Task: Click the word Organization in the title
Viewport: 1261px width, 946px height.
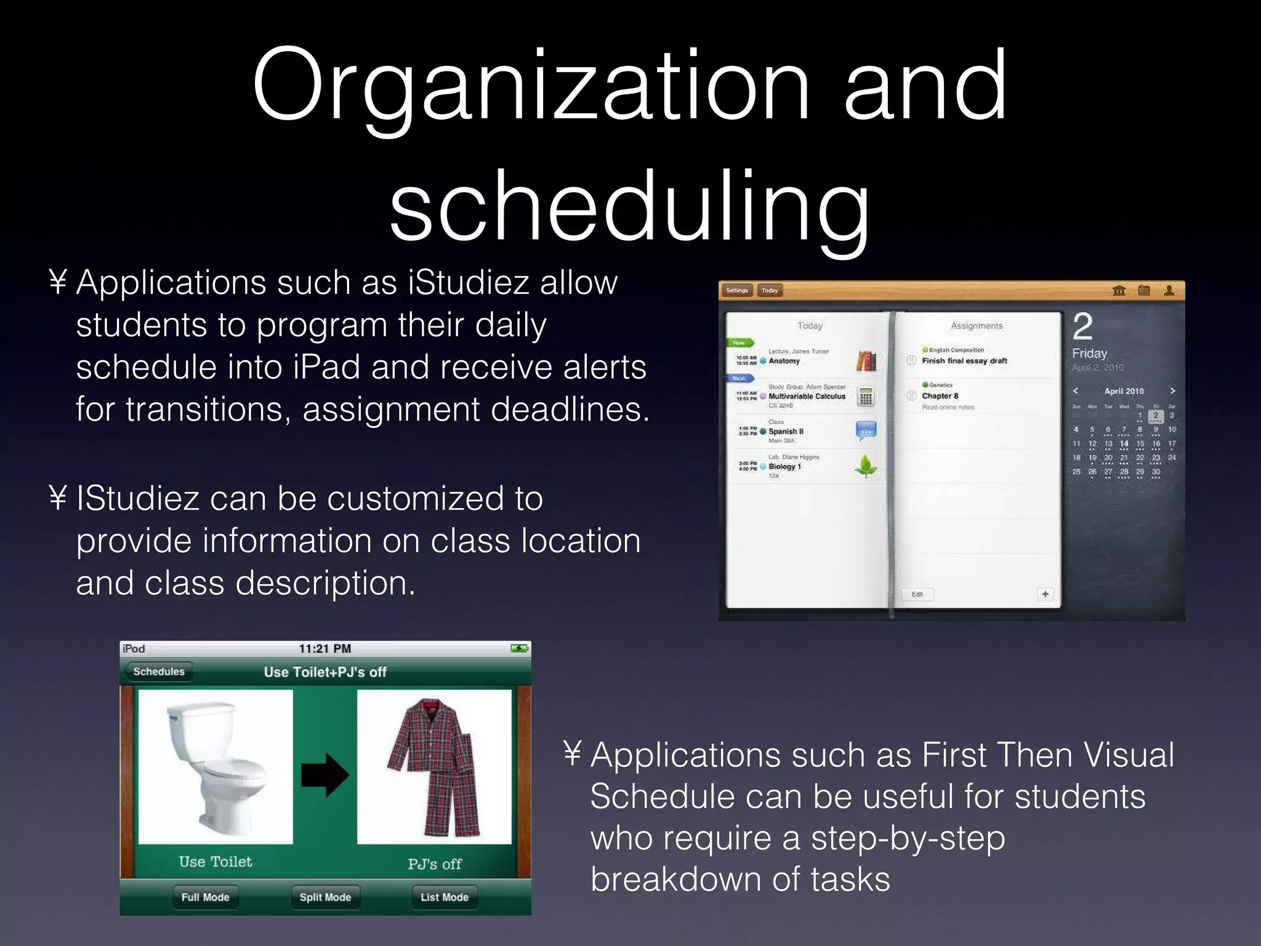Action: [x=530, y=86]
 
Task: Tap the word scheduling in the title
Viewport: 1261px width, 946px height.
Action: [x=629, y=206]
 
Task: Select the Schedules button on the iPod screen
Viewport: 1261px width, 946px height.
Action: [x=159, y=671]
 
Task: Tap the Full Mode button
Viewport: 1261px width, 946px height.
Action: [x=205, y=897]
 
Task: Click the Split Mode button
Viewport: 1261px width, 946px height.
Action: [x=325, y=897]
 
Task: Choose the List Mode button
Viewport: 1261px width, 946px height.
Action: [x=445, y=897]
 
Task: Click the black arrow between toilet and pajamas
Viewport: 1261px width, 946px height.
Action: [x=324, y=775]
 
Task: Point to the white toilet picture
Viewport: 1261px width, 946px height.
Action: [x=216, y=767]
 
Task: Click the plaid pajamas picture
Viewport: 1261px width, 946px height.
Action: [x=434, y=767]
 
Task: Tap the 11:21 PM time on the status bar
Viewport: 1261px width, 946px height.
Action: [x=324, y=649]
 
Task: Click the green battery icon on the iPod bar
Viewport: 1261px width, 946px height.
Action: [x=519, y=649]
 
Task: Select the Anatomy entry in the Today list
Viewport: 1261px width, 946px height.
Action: [x=784, y=361]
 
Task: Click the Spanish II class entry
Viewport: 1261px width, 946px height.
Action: [x=786, y=431]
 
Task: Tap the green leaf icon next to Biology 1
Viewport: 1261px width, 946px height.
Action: [x=866, y=466]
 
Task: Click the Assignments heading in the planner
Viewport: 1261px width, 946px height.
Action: [x=977, y=326]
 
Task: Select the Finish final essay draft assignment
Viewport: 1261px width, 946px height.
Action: [x=964, y=361]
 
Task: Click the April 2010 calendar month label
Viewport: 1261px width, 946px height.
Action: [x=1124, y=391]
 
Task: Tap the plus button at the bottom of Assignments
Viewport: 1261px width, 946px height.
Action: [x=1045, y=594]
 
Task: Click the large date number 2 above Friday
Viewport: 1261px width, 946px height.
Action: [x=1082, y=326]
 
